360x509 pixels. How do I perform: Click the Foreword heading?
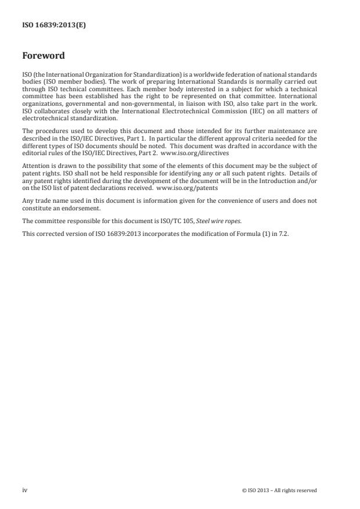[x=44, y=56]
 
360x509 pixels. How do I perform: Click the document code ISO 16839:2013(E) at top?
[x=54, y=26]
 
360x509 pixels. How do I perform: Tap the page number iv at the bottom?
[x=25, y=490]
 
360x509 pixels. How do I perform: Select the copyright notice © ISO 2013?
[x=279, y=490]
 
